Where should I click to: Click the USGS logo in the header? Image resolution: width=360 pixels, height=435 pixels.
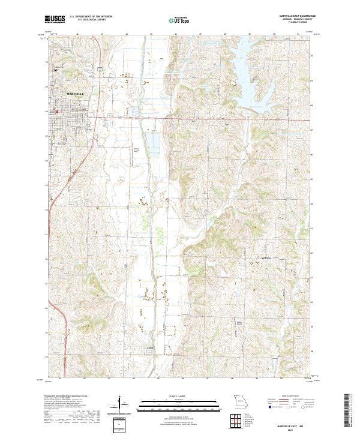[54, 20]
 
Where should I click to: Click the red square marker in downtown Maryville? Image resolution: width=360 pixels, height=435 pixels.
[57, 111]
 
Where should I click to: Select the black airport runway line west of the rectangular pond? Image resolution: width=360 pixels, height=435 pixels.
[133, 155]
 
